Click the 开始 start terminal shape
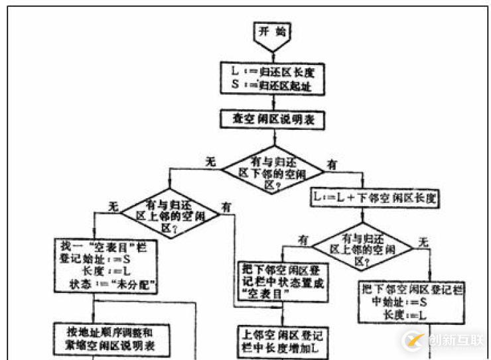pos(271,35)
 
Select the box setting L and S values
pos(271,78)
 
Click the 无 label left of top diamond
pos(209,161)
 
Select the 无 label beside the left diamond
pos(113,206)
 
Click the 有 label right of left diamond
pos(227,207)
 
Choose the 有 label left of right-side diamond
pos(303,239)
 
